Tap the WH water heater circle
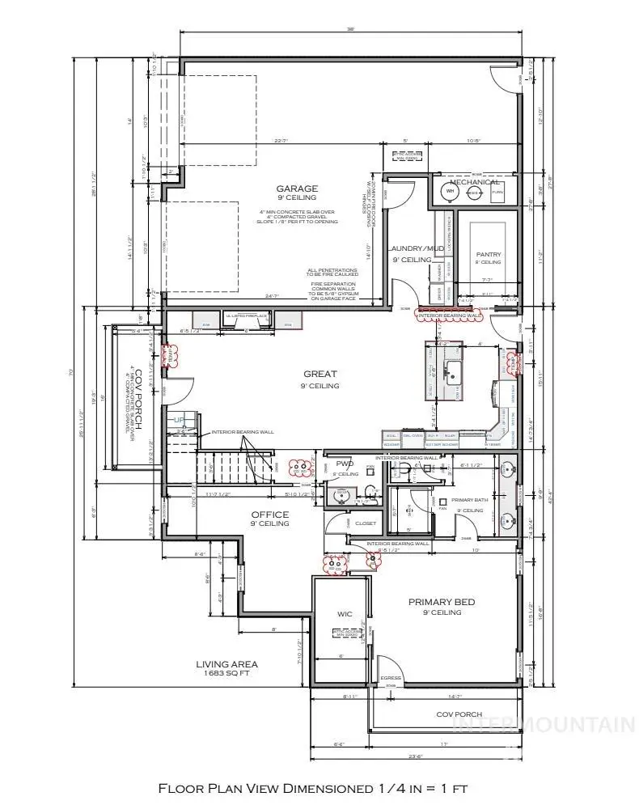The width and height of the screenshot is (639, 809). (449, 192)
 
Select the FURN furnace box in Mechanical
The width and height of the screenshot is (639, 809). (497, 193)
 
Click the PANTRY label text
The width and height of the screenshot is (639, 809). (489, 254)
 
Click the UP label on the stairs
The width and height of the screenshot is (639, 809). (180, 420)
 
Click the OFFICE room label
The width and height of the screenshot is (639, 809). (270, 515)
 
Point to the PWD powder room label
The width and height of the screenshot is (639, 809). (342, 464)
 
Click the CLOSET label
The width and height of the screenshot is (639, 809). (366, 523)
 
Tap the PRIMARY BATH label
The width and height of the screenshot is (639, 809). (467, 501)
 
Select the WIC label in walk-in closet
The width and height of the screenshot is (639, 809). (345, 614)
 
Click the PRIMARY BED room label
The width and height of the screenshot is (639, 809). (441, 602)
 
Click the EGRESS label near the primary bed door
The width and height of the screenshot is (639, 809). (391, 678)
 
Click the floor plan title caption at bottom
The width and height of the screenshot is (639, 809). (313, 787)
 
